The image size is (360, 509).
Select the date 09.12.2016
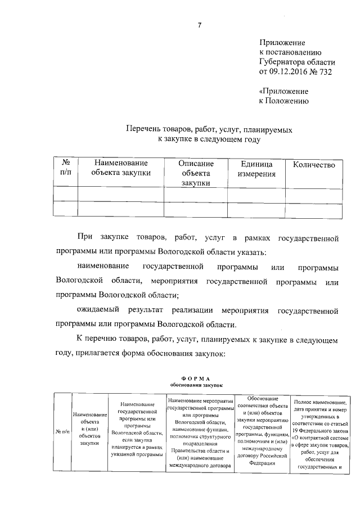coord(294,73)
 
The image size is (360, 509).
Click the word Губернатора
coord(283,62)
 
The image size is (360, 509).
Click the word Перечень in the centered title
coord(143,130)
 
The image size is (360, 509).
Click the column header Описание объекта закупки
coord(196,173)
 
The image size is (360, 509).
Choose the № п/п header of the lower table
coord(62,432)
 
